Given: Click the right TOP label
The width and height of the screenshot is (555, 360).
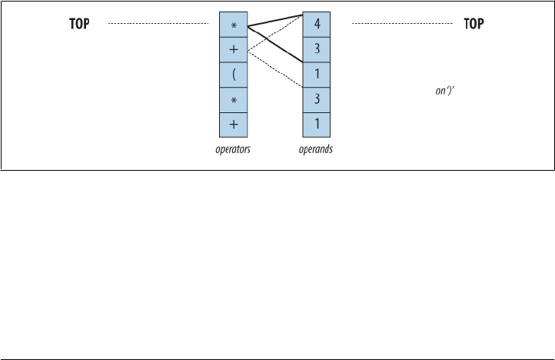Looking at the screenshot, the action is click(x=474, y=25).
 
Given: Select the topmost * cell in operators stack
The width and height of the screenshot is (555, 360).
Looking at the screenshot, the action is click(x=234, y=25).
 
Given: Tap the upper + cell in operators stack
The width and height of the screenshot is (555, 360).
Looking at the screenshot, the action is click(x=234, y=50).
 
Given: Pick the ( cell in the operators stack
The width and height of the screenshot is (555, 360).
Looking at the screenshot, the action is click(x=234, y=75).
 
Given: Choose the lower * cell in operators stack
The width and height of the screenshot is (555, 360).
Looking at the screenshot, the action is click(x=234, y=99).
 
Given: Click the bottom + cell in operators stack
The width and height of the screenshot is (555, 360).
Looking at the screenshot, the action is click(x=234, y=124).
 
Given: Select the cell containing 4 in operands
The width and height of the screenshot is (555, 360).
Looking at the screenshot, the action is click(x=316, y=25).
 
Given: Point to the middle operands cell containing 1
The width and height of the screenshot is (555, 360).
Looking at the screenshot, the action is click(x=316, y=75).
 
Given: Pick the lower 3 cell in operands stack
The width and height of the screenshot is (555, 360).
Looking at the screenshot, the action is click(x=316, y=99).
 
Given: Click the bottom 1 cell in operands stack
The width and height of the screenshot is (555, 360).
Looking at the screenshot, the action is click(x=316, y=124).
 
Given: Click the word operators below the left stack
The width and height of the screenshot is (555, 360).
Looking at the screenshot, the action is click(x=234, y=150).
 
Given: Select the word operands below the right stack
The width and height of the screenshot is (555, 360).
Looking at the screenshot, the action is click(x=315, y=150).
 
